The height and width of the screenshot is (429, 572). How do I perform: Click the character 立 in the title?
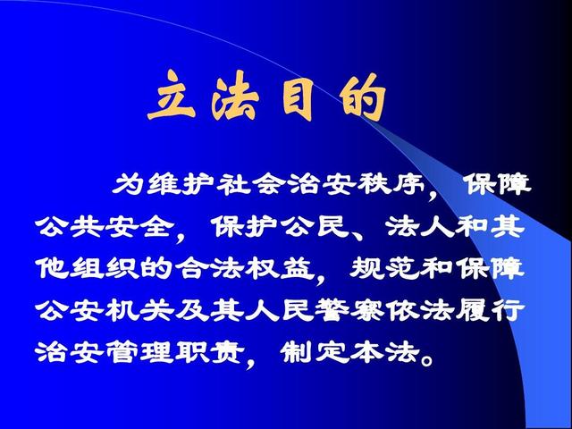point(172,96)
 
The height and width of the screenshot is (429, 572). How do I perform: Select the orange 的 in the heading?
point(362,97)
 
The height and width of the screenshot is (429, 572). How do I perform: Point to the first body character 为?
point(128,183)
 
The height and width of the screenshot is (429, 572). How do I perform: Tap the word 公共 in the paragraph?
point(70,226)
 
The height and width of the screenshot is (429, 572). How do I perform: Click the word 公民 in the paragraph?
point(315,226)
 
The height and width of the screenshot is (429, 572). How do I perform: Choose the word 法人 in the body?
point(420,226)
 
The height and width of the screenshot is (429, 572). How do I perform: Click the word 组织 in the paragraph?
point(105,269)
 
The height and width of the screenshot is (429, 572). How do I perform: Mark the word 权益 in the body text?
point(280,269)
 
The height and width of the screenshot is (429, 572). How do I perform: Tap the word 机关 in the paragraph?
point(139,310)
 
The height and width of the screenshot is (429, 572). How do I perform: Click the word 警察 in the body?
point(349,310)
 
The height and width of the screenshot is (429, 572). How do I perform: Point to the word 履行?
point(490,310)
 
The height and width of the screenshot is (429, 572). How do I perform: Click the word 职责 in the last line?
point(210,353)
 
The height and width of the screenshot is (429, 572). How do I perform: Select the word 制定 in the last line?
point(315,353)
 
